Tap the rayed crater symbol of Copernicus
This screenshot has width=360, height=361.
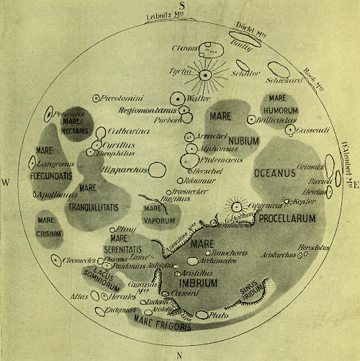pyautogui.click(x=235, y=207)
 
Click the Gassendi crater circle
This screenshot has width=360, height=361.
pyautogui.click(x=290, y=130)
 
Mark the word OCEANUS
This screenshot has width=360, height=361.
pyautogui.click(x=274, y=173)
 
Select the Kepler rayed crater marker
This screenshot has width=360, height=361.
pyautogui.click(x=287, y=201)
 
